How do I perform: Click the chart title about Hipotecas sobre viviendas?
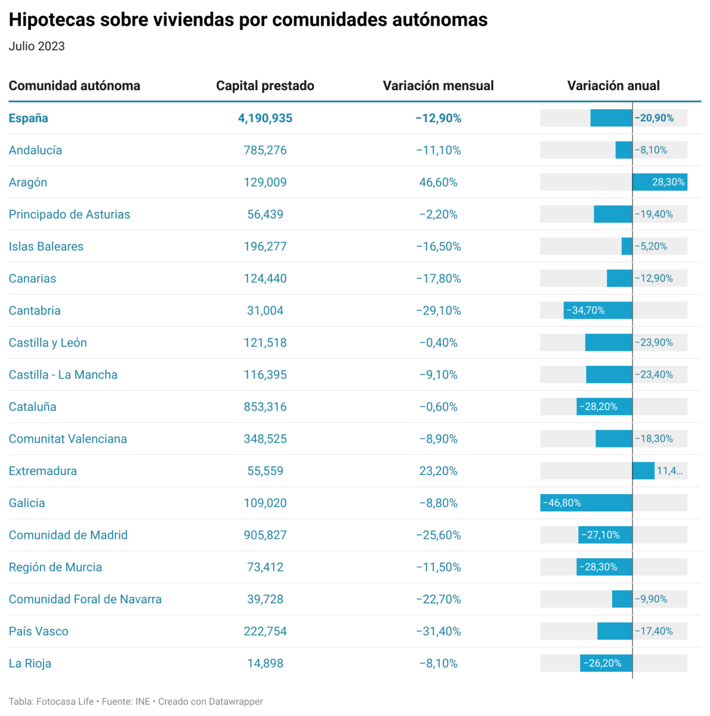[248, 20]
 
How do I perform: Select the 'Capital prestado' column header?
[265, 86]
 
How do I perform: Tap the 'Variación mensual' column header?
[438, 86]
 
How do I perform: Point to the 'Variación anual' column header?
[613, 86]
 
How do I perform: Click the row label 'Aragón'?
[28, 183]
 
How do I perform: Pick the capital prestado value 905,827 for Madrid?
[265, 535]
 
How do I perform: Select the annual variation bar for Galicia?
[586, 503]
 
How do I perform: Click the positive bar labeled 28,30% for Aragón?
[659, 182]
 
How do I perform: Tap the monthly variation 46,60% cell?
[438, 183]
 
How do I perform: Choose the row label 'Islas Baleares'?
[46, 246]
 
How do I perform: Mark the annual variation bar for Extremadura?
[643, 471]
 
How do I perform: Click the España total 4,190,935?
[265, 118]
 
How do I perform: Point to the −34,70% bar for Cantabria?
[598, 310]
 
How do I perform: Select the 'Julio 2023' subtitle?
[37, 47]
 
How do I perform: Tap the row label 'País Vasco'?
[39, 631]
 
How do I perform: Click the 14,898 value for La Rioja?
[265, 663]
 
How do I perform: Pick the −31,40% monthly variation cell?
[438, 631]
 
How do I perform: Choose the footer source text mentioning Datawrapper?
[136, 702]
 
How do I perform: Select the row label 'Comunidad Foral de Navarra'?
[85, 599]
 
